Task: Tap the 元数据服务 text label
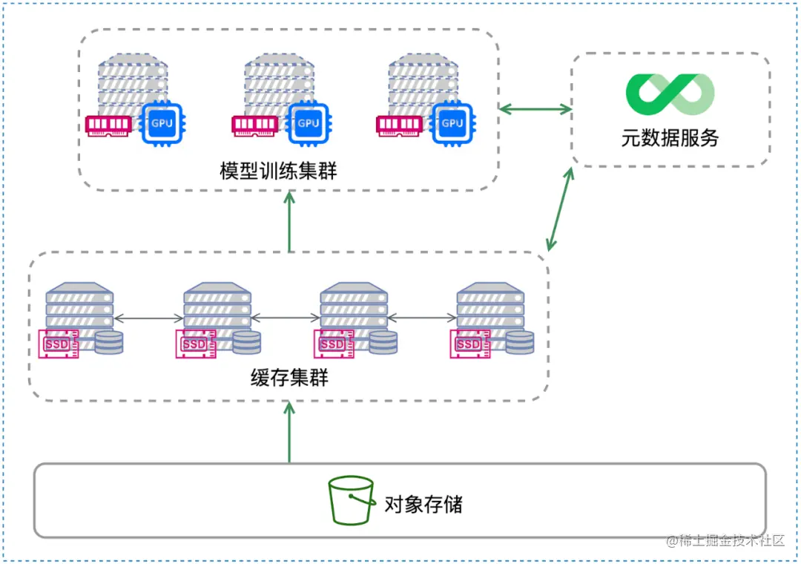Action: pos(670,138)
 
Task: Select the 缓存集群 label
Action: pos(289,378)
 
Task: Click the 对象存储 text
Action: pos(423,505)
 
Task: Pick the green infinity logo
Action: pos(670,94)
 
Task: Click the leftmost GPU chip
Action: pos(162,122)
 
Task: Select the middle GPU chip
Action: pos(308,122)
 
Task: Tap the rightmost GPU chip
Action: pos(452,122)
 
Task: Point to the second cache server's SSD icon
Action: pos(196,344)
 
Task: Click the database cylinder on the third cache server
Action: pos(383,343)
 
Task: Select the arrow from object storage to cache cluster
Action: pos(289,432)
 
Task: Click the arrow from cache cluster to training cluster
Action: pos(289,222)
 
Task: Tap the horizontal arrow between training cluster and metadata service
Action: pos(535,110)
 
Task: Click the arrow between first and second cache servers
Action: pos(148,318)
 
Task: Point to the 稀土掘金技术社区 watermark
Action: pos(725,540)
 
